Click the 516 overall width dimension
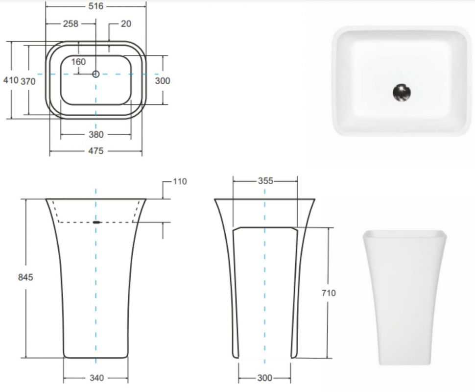(x=95, y=6)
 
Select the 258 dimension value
(x=71, y=24)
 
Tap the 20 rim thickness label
(x=126, y=24)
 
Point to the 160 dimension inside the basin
(x=78, y=62)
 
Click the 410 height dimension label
(x=11, y=80)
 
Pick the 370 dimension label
(x=28, y=81)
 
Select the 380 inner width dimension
(x=96, y=134)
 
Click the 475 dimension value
(x=96, y=151)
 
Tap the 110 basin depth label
(x=180, y=181)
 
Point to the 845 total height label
(x=25, y=277)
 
